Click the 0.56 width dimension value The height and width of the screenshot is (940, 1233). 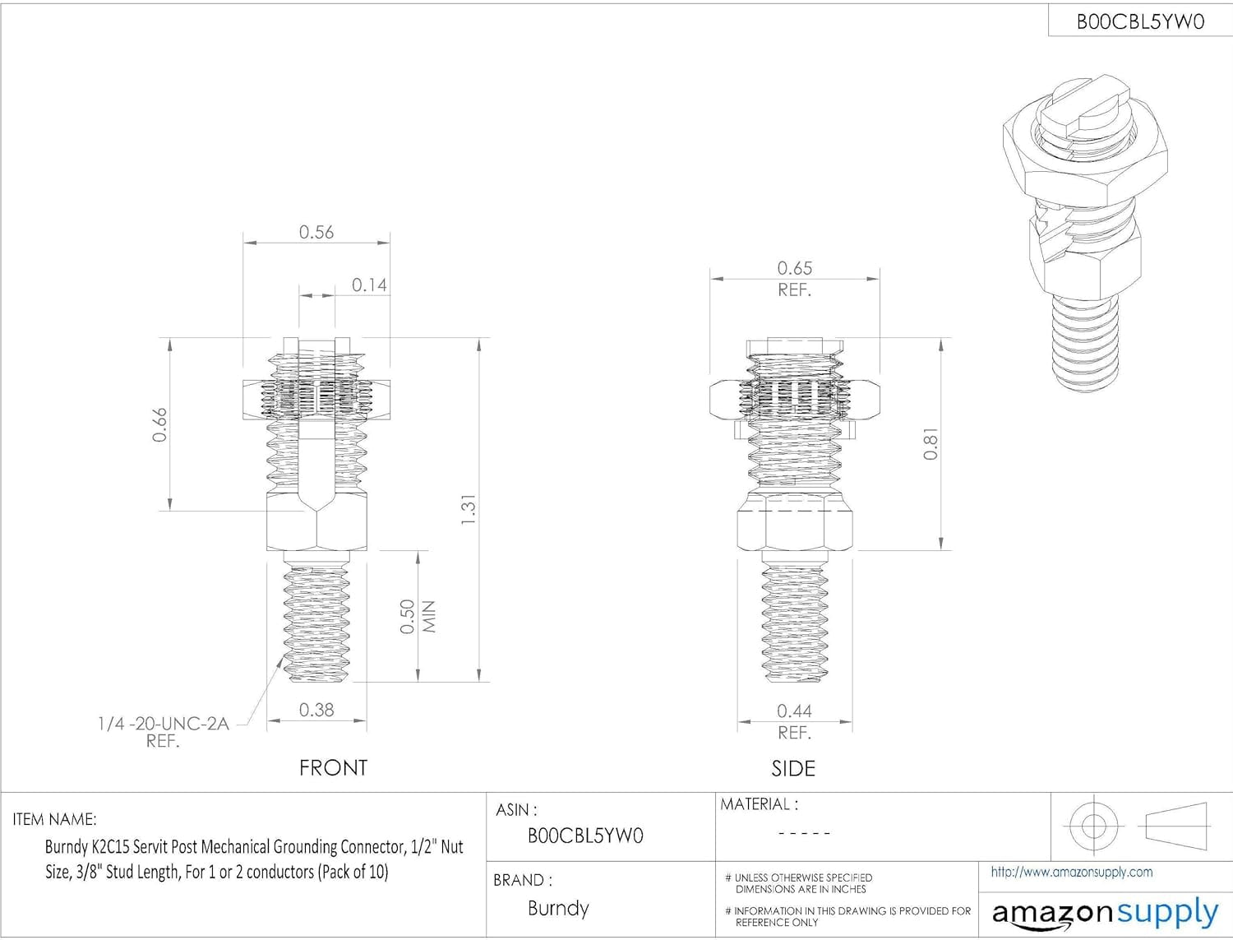point(316,232)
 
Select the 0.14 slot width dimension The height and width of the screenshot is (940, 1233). point(369,285)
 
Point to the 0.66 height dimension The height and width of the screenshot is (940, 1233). point(159,424)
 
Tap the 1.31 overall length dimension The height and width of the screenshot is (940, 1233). point(468,510)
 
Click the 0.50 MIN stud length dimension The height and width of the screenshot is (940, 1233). point(417,616)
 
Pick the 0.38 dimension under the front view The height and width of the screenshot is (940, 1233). point(316,710)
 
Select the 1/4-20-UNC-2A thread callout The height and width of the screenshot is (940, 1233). point(163,724)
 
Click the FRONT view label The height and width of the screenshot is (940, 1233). point(333,768)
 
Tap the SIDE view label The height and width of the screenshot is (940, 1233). point(793,769)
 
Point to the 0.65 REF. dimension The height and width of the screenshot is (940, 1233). point(794,277)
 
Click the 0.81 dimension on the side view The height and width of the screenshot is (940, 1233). point(930,444)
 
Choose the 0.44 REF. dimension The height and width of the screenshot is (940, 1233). point(794,720)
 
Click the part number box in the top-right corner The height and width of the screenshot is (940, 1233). point(1140,21)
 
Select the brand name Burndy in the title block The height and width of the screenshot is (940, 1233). point(558,908)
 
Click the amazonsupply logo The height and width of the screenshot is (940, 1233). point(1105,913)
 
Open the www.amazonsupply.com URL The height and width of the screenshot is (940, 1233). point(1071,872)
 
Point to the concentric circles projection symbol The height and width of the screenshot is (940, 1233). point(1093,825)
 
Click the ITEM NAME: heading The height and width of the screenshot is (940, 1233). point(54,819)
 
